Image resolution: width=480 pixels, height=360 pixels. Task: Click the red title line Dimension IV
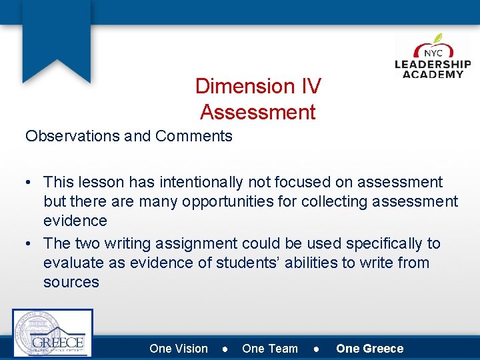[258, 86]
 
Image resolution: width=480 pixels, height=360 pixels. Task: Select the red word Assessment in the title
[258, 112]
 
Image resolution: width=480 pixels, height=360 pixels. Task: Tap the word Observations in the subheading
[72, 136]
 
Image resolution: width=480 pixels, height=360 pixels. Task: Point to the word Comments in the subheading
[193, 136]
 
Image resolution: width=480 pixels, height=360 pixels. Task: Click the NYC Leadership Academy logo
[433, 56]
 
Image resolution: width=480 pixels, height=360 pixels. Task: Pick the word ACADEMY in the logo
[433, 74]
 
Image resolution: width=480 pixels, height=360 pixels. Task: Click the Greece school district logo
[53, 333]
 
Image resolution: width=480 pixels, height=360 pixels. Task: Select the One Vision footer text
[179, 349]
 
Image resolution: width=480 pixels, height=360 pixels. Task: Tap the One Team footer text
[270, 349]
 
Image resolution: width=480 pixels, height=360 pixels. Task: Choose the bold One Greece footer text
[369, 349]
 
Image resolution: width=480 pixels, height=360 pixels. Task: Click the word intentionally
[237, 182]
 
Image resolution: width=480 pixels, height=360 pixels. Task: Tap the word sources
[71, 282]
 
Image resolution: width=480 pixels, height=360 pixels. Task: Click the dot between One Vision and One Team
[226, 349]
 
